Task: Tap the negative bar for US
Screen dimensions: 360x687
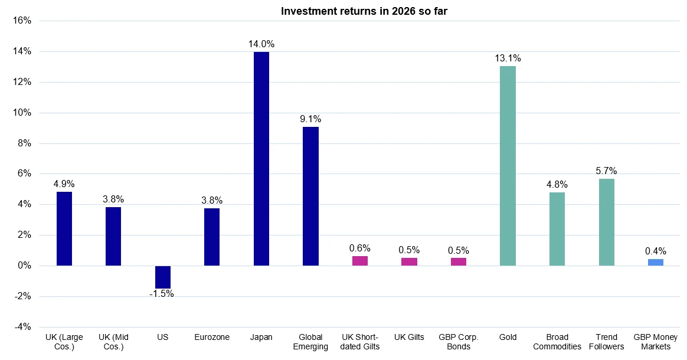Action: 163,277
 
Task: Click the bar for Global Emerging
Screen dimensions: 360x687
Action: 310,196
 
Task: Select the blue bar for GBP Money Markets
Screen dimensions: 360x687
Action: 655,262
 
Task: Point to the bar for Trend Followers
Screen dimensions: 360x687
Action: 606,222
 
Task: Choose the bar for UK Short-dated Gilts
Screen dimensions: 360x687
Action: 360,261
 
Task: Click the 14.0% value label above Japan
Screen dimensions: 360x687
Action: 261,44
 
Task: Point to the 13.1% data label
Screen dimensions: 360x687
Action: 508,58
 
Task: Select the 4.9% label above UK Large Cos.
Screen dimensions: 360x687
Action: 64,184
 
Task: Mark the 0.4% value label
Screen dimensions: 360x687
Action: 655,251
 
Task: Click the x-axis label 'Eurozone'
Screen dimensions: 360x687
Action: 212,338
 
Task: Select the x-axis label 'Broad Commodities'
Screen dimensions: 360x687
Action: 557,342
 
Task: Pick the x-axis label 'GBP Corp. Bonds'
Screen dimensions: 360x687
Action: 459,342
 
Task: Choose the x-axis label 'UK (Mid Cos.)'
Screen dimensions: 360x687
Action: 113,342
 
